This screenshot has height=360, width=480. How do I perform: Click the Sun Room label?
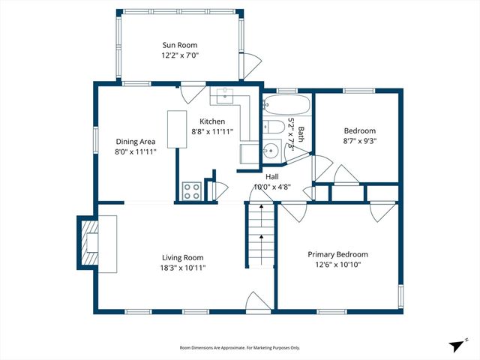180,45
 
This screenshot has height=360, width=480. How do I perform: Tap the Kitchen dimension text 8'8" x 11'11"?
211,133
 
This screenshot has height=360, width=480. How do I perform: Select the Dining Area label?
136,141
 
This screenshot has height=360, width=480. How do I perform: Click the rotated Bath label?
300,135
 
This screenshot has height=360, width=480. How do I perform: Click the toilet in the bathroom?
272,126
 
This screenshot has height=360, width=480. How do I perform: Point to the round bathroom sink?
273,148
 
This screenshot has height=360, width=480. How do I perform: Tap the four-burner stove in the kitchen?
191,190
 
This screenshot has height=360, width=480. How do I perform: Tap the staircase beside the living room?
261,236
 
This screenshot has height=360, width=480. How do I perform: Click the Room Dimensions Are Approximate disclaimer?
239,348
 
